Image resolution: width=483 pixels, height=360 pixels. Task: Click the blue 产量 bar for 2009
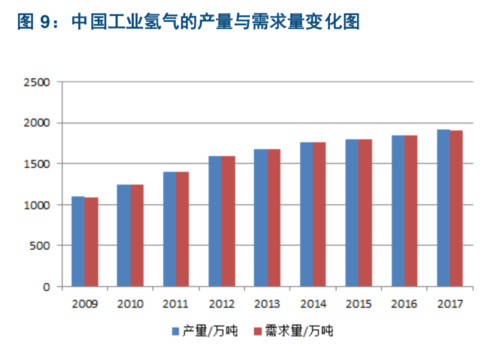pyautogui.click(x=78, y=241)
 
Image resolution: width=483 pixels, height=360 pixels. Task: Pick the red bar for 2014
pyautogui.click(x=319, y=214)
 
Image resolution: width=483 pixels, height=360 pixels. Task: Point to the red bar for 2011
pyautogui.click(x=183, y=229)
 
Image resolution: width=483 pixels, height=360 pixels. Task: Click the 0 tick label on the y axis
pyautogui.click(x=47, y=287)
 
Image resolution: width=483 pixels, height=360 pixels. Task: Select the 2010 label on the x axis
pyautogui.click(x=130, y=304)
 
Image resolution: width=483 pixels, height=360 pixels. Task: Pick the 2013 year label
pyautogui.click(x=267, y=304)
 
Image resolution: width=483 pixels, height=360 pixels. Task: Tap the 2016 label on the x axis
pyautogui.click(x=404, y=304)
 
